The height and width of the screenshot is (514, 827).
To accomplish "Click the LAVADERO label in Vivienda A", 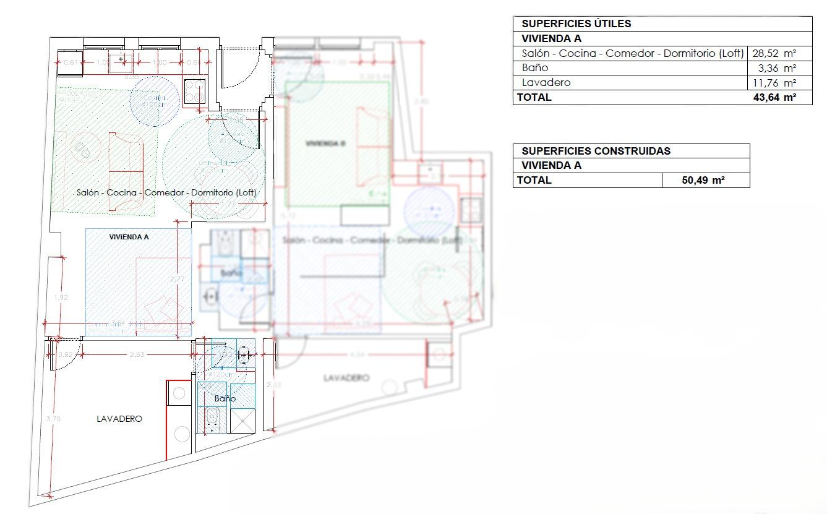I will (x=119, y=419).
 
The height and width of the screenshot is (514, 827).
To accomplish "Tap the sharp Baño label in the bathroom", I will (x=225, y=399).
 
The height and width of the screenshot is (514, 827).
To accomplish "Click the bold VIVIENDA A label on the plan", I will (x=129, y=237).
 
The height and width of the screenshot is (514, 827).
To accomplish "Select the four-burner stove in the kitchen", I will (x=195, y=92).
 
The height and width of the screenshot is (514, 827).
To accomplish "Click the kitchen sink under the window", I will (x=121, y=61).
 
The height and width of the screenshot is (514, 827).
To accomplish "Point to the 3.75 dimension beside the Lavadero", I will (x=53, y=419).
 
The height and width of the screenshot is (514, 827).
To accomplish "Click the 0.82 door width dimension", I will (x=65, y=354).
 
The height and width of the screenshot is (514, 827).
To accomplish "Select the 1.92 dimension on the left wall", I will (x=61, y=298).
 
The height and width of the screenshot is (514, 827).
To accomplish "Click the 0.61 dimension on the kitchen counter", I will (x=72, y=62).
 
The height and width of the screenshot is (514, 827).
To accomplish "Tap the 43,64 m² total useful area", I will (x=774, y=97).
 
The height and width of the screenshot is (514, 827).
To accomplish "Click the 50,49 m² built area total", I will (x=703, y=180).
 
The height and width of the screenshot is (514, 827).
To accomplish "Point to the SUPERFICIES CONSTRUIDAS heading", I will (x=596, y=151).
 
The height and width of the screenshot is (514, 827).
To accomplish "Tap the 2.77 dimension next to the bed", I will (x=177, y=279).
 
